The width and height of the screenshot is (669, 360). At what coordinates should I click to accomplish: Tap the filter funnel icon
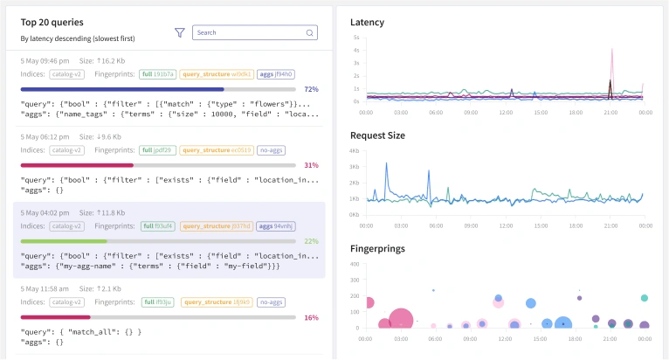coord(180,32)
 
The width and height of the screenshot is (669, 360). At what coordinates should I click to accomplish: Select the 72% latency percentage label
coord(312,89)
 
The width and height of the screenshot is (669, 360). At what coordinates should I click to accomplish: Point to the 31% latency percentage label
coord(312,165)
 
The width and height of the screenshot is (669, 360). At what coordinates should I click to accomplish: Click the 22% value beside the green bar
coord(312,240)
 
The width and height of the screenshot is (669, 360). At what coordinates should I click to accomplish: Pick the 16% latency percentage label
coord(312,318)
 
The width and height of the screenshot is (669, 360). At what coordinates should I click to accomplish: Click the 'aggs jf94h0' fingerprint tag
coord(276,74)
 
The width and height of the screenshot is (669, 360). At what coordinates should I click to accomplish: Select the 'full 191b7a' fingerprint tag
coord(158,74)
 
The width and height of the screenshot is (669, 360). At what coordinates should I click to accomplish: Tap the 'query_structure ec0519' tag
coord(217,150)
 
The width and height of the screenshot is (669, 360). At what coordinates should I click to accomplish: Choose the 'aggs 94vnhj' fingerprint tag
coord(278,225)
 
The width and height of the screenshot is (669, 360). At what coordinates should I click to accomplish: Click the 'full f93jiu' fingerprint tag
coord(157,302)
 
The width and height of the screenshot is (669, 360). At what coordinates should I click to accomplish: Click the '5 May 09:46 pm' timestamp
coord(45,62)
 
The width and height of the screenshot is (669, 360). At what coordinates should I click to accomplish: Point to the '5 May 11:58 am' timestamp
coord(46,289)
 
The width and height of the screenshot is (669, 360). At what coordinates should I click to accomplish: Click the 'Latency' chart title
coord(367,22)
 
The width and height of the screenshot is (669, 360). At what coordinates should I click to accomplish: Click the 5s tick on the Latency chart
coord(355,38)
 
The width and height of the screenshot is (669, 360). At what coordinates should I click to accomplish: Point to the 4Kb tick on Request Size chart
coord(355,151)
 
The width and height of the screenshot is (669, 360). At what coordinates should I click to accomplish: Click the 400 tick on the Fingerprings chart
coord(355,264)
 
